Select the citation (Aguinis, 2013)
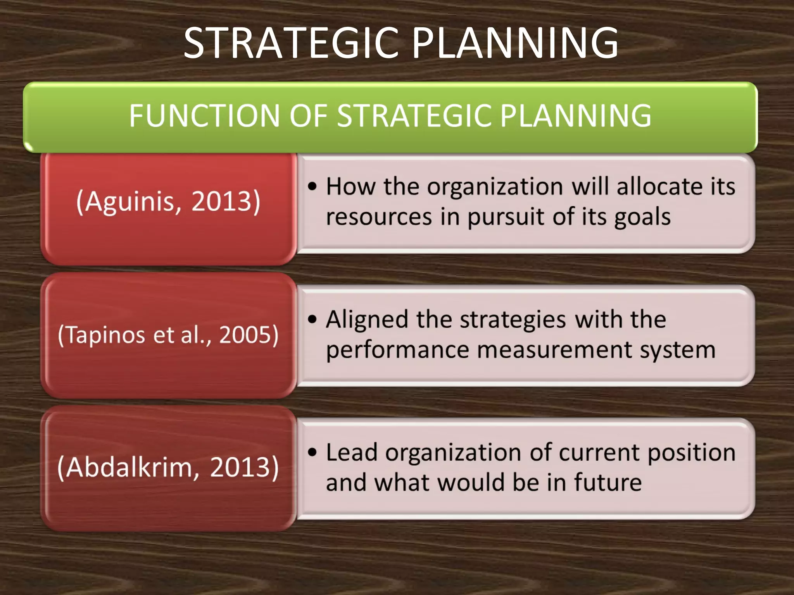[x=168, y=201]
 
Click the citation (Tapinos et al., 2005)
[x=168, y=335]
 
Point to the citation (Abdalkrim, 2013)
[x=168, y=467]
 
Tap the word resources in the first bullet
[x=379, y=217]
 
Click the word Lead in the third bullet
[x=351, y=452]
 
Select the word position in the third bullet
[x=691, y=452]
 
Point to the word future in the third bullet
[x=607, y=483]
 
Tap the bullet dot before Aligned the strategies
[x=312, y=320]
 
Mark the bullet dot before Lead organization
[x=312, y=452]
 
